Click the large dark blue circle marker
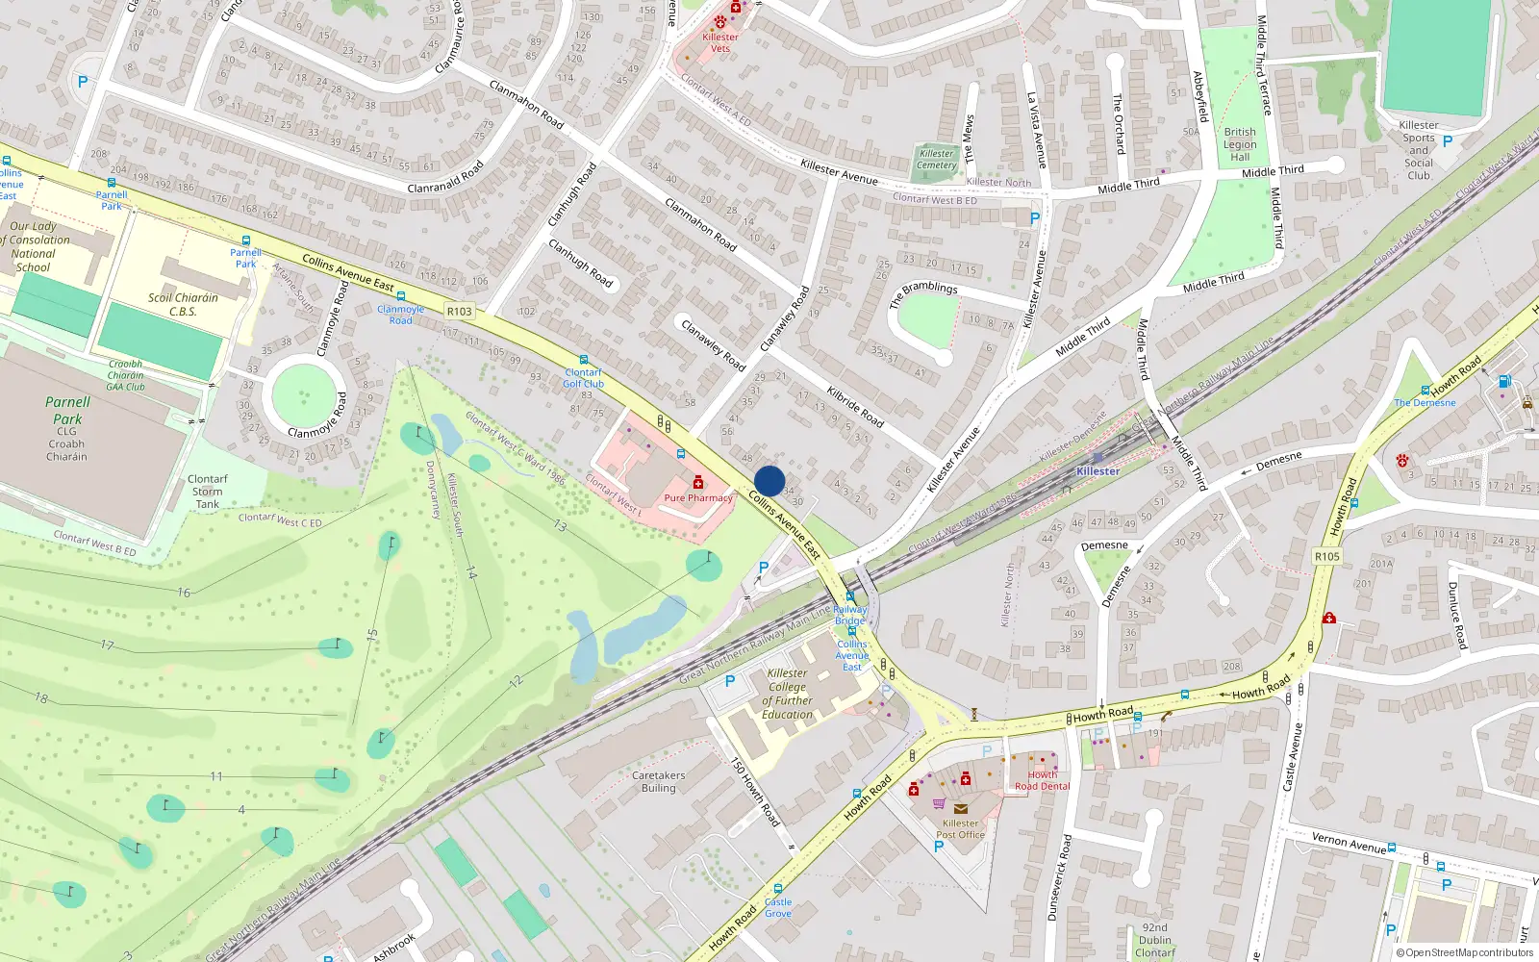tap(769, 481)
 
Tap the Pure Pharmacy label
tap(698, 498)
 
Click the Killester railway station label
tap(1097, 471)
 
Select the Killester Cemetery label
tap(937, 159)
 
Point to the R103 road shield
tap(460, 311)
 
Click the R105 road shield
tap(1327, 556)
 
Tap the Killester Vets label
tap(720, 42)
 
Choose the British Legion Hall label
tap(1240, 144)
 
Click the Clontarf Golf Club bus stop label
tap(584, 378)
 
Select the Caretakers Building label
tap(659, 781)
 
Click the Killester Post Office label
tap(960, 828)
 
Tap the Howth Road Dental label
tap(1043, 780)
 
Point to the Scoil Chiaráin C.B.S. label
tap(183, 304)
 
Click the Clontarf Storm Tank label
tap(208, 491)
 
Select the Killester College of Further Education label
tap(788, 694)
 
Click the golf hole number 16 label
tap(184, 593)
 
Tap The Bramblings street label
tap(923, 293)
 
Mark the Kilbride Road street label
tap(855, 406)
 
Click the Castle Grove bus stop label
tap(778, 907)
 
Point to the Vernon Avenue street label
tap(1349, 844)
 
